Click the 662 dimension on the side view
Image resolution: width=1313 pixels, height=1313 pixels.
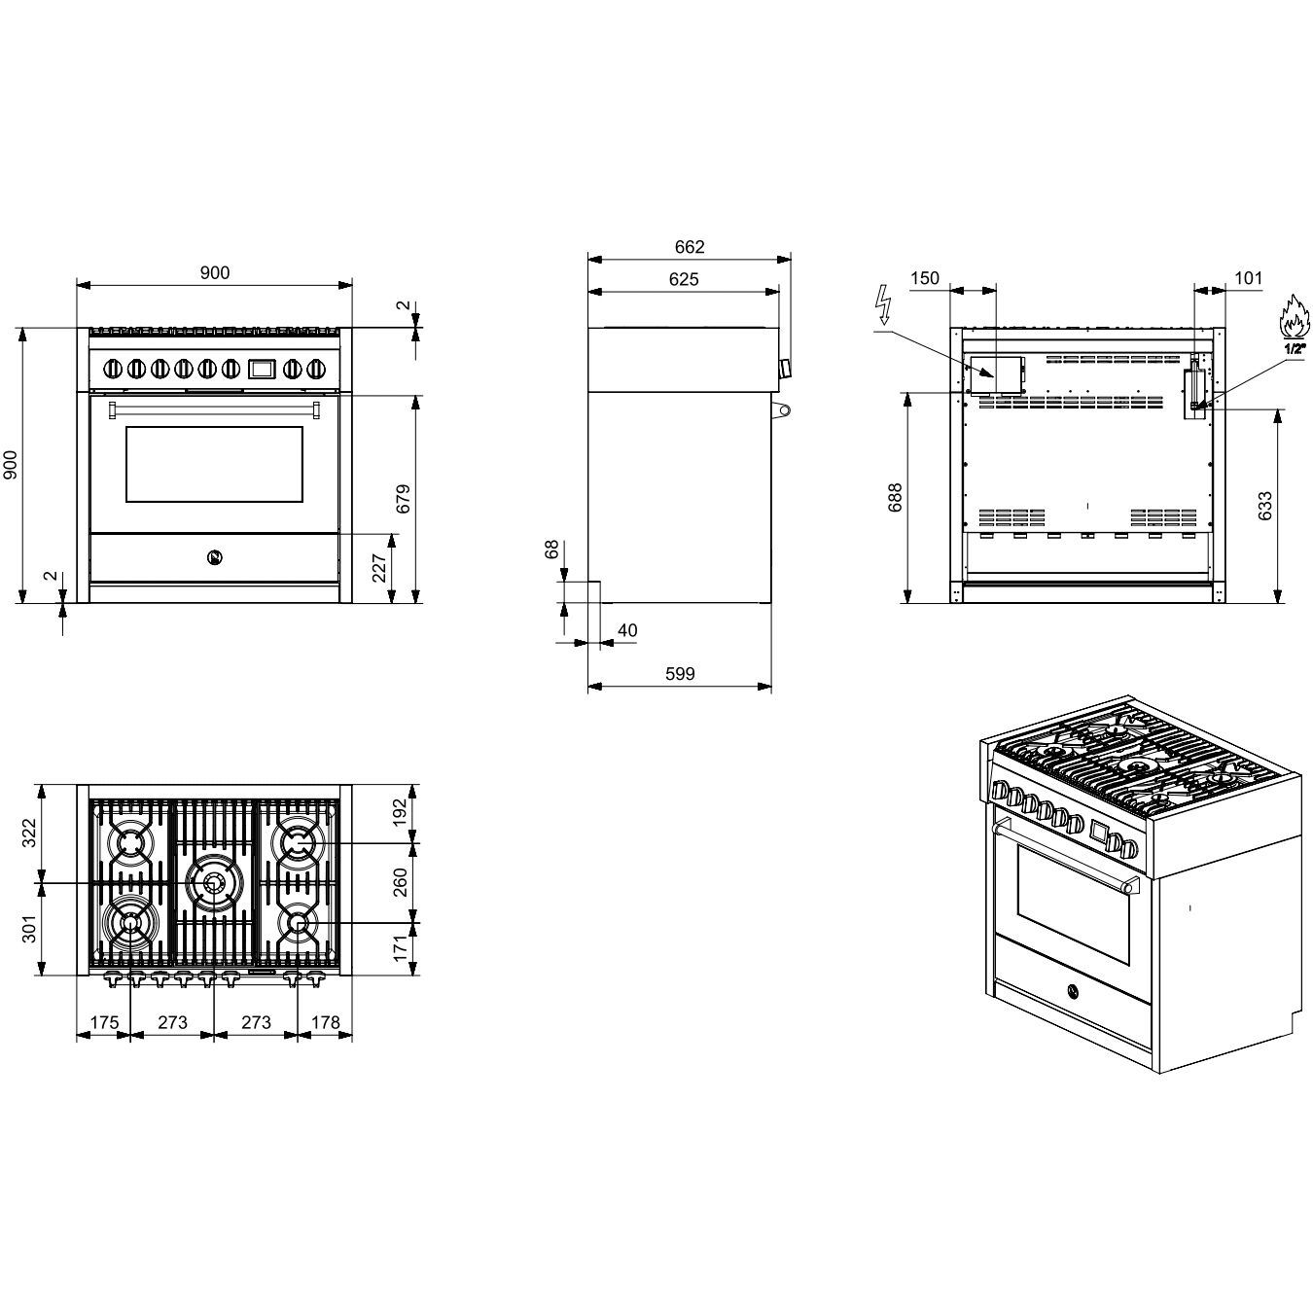689,247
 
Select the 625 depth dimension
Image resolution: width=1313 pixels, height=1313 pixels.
684,279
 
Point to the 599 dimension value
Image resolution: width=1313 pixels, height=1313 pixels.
680,673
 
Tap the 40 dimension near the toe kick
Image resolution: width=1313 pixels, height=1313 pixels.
627,630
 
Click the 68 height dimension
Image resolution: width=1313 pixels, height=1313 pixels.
552,550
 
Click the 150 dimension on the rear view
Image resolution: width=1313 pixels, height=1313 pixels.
925,278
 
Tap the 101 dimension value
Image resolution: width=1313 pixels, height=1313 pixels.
1248,278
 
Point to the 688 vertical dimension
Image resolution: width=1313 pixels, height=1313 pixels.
896,497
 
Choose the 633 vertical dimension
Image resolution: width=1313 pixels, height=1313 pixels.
1264,506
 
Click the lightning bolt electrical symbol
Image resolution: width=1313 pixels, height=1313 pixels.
884,304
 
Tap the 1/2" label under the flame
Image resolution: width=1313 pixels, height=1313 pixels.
1295,347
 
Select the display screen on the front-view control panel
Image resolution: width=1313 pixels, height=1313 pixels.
262,369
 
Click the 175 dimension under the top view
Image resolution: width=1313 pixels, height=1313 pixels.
104,1022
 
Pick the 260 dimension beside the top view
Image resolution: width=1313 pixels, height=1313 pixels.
400,882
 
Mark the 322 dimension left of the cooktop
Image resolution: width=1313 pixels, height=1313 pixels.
29,834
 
